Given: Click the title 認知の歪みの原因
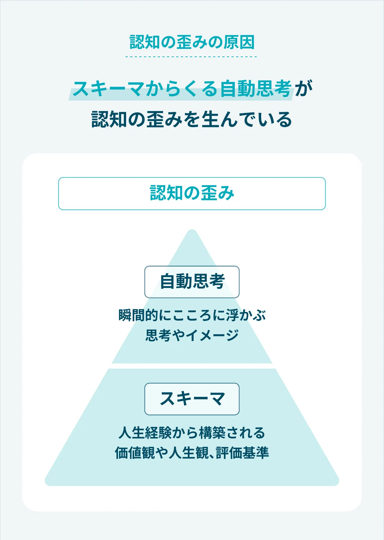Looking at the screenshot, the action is coord(192,42).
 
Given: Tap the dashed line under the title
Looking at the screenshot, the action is coord(191,56).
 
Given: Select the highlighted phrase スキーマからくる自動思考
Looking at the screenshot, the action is coord(182,89).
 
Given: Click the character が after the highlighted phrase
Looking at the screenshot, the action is coord(304,89).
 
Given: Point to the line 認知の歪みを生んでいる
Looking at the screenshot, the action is coord(192,119).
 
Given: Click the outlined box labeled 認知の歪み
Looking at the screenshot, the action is coord(192,193).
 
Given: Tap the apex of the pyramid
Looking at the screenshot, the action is coord(192,233).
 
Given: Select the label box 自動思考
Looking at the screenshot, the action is coord(192,282).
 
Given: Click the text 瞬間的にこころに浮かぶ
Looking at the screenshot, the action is coord(192,315).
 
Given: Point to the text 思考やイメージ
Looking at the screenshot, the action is coord(192,335).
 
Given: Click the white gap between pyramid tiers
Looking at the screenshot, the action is coord(192,366).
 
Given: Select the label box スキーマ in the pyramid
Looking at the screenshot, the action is coord(192,399).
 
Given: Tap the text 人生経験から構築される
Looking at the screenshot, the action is coord(192,433).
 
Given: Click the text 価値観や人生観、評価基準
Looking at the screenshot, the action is coord(192,453).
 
